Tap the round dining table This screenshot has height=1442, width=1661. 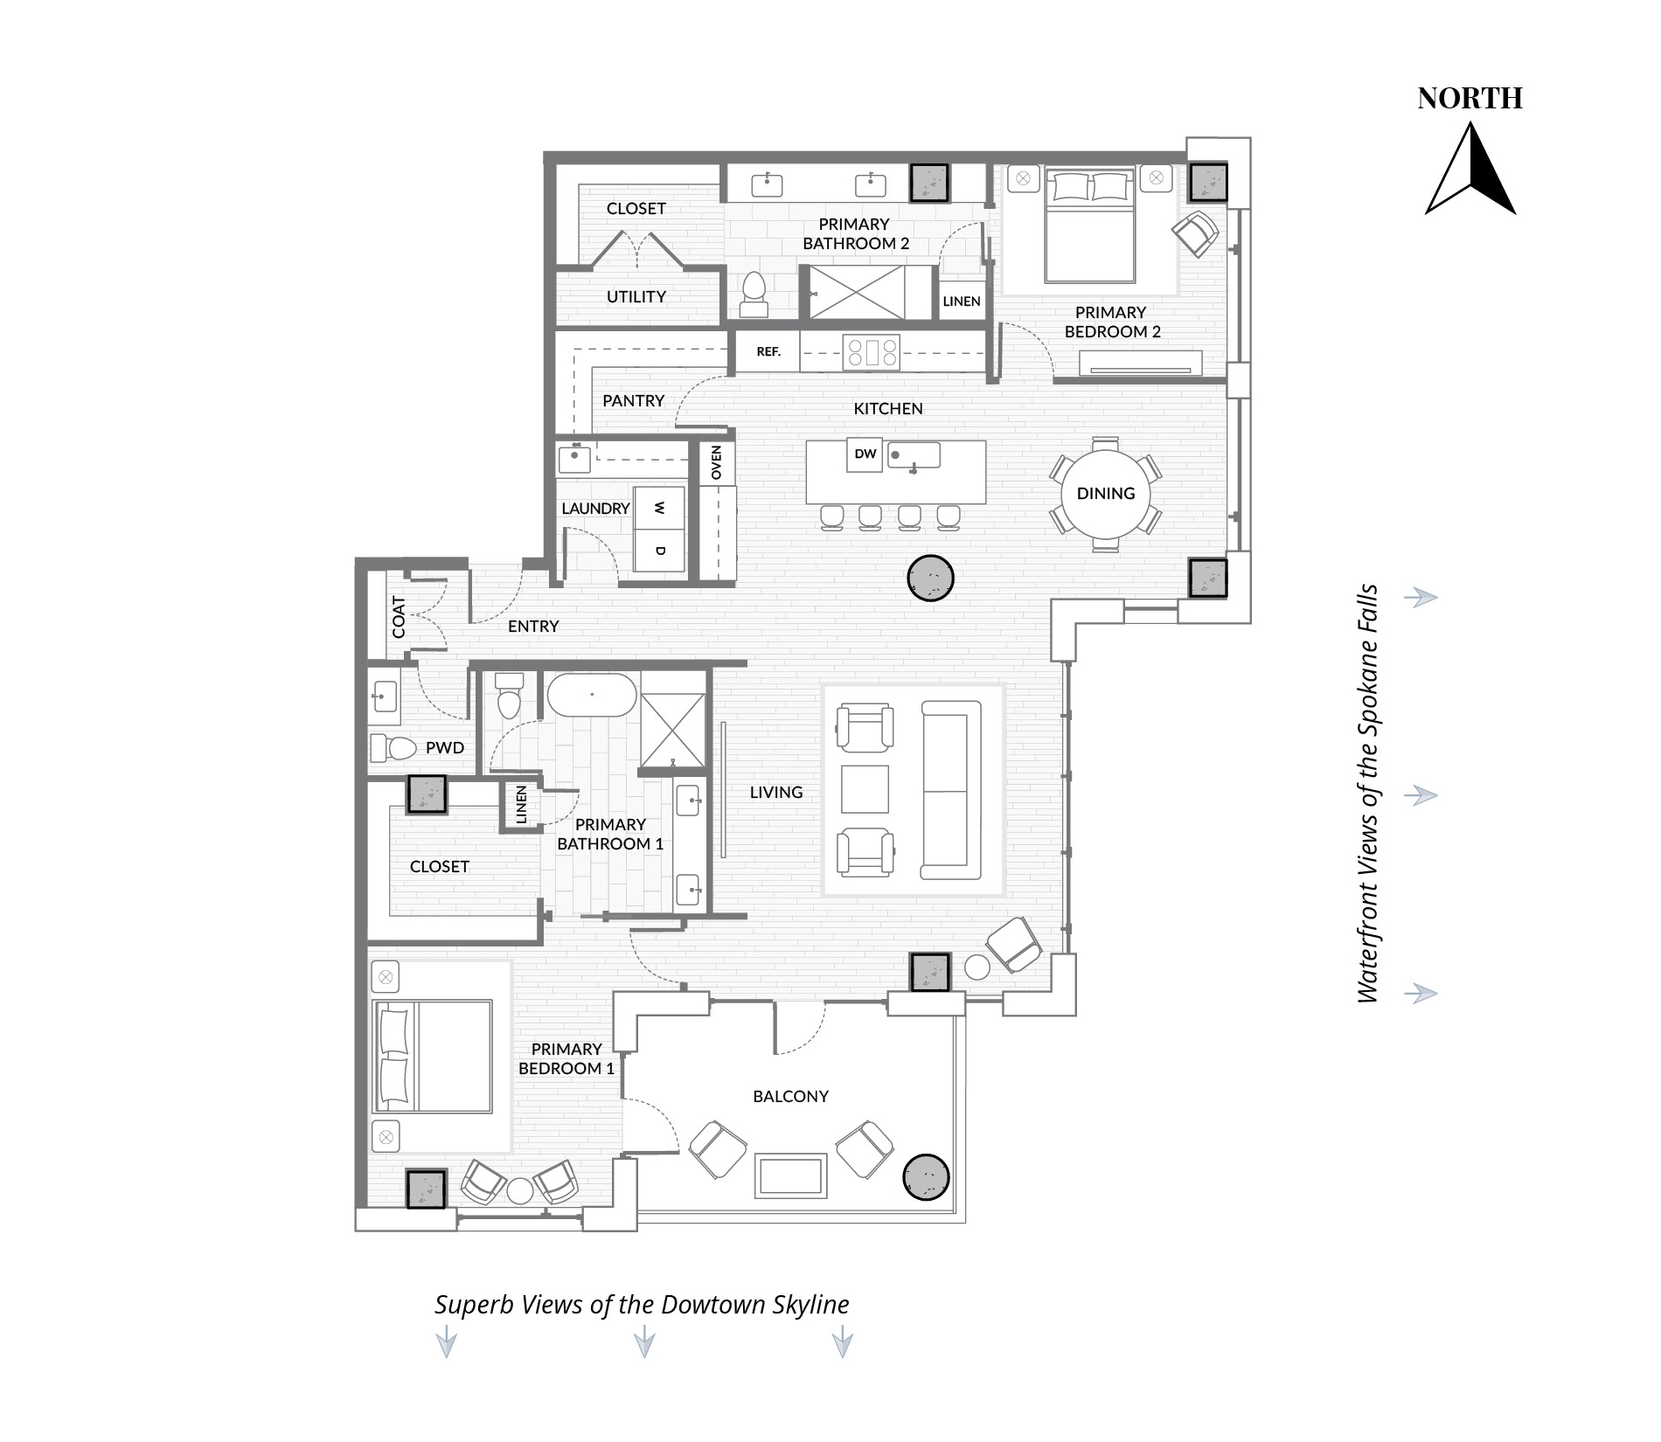1106,494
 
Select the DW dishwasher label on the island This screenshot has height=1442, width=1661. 865,454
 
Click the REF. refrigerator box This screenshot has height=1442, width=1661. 768,351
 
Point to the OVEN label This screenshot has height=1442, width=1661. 716,462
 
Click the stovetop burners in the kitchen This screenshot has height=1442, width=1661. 872,352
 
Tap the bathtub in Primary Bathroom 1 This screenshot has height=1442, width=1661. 592,696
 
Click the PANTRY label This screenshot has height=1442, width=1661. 634,400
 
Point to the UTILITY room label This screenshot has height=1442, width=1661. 636,296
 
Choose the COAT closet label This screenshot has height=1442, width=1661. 399,617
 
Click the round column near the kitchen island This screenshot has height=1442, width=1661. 930,578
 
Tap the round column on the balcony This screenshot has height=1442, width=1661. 926,1176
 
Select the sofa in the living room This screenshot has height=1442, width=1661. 951,790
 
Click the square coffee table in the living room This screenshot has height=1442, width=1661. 865,789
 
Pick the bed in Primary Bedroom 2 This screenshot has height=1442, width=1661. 1089,225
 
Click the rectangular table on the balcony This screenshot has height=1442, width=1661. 791,1175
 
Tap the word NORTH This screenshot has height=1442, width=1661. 1470,98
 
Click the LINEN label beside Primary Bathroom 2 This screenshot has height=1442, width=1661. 962,302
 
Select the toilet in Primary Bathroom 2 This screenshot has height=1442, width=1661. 754,295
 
